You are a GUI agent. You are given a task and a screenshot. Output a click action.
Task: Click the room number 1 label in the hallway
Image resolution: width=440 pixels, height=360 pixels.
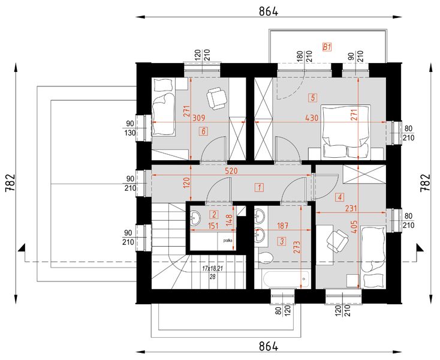point(259,187)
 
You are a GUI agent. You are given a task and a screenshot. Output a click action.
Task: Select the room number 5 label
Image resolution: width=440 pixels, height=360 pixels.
point(312,97)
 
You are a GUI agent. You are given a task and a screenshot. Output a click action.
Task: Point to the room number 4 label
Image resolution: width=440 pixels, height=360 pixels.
point(340,196)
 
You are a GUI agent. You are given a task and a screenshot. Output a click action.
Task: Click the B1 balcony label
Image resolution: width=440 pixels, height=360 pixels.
point(327,46)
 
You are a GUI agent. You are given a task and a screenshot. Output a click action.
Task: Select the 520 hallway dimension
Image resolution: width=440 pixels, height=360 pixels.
point(233,171)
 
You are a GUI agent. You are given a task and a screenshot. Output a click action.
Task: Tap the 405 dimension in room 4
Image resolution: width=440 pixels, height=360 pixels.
point(355,227)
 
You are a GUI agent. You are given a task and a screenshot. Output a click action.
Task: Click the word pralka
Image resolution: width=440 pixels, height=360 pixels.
point(228,240)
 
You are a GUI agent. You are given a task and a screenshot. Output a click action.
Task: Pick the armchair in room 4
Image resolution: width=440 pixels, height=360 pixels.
point(337,241)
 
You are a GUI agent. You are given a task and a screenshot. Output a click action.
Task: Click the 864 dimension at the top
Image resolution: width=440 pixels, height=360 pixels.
point(268,11)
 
